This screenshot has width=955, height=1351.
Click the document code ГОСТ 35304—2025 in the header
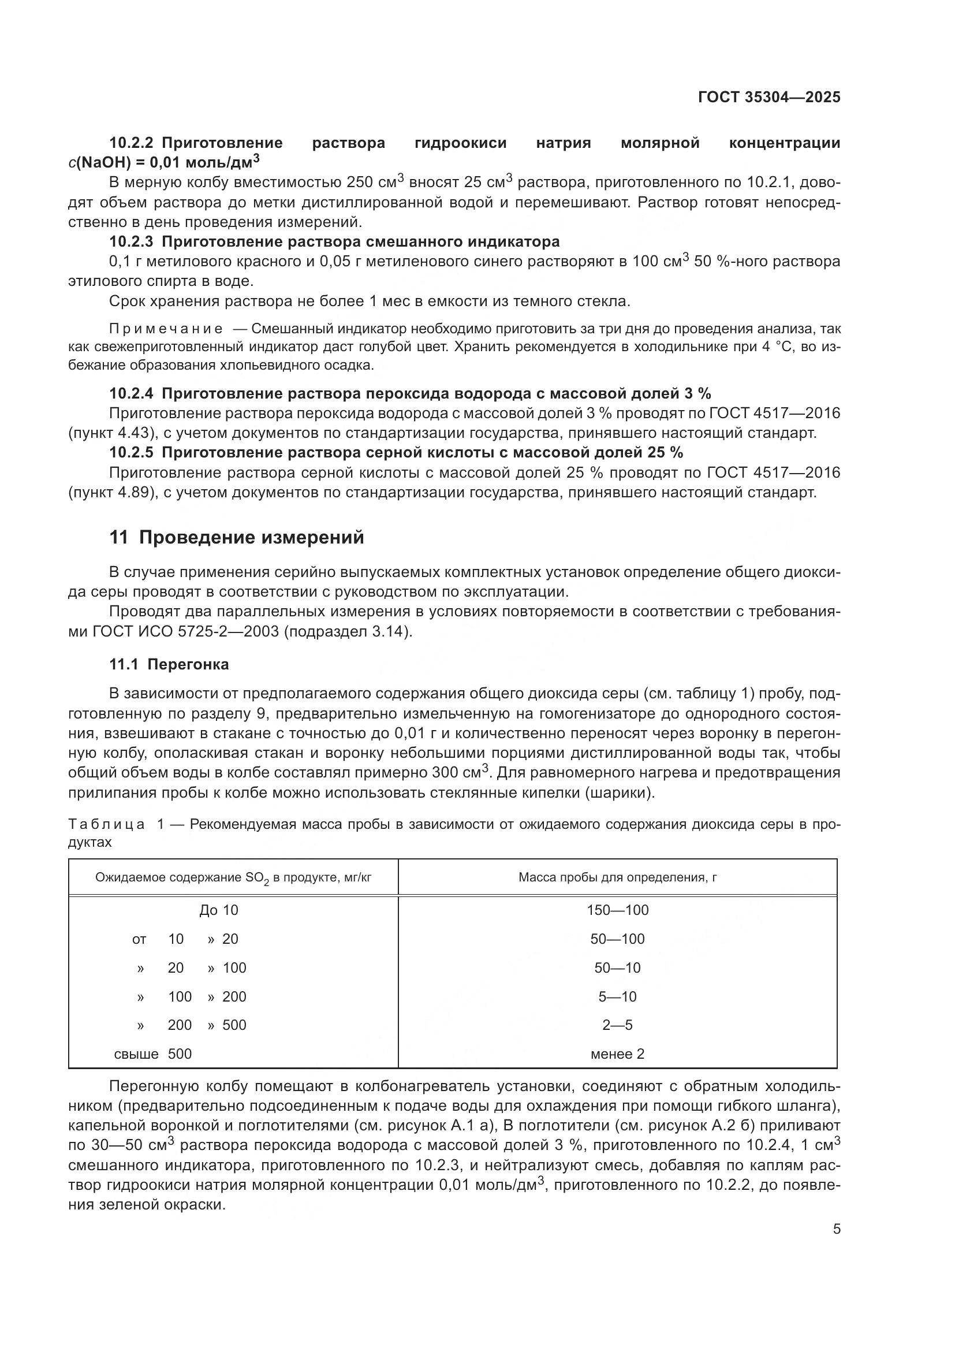pos(769,97)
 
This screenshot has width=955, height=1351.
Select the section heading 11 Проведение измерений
pos(236,537)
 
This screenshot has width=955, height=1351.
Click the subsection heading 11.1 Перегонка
pos(169,664)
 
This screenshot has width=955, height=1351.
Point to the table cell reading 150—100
pos(617,910)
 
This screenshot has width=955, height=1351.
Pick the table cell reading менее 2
pos(617,1054)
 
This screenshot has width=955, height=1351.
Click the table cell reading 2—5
pos(617,1025)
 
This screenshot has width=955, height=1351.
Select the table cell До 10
pos(219,910)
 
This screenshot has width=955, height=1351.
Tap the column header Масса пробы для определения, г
pos(617,877)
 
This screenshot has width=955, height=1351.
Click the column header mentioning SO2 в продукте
pos(233,878)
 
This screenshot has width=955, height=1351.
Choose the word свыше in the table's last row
pos(136,1054)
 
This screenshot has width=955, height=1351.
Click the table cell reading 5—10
pos(617,996)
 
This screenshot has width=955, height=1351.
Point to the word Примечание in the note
pos(166,328)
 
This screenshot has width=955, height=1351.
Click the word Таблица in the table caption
pos(106,824)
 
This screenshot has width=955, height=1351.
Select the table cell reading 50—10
pos(617,967)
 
